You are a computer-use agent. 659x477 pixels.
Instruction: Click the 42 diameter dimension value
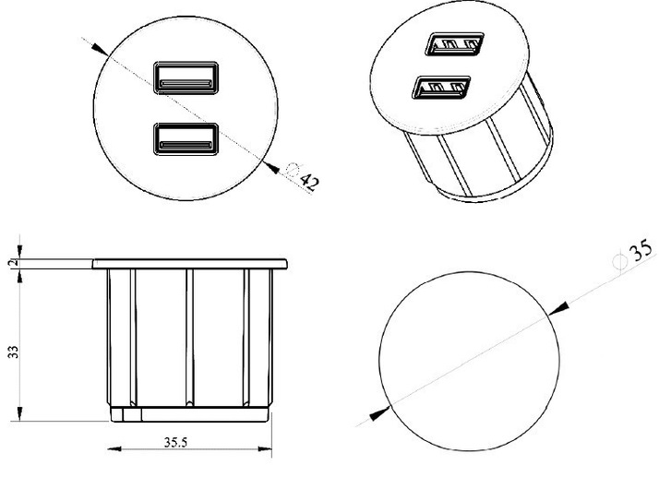tap(310, 182)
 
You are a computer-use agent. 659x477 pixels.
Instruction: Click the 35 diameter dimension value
tap(641, 250)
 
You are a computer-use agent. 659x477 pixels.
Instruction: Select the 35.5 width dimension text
tap(175, 442)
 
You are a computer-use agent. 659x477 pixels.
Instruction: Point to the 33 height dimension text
tap(14, 352)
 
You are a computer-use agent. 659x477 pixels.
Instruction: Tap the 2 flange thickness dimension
tap(14, 263)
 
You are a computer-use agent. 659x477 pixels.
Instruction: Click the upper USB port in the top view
tap(186, 78)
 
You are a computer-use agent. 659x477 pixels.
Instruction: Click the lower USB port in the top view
tap(186, 139)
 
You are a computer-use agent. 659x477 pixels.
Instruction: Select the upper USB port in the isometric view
tap(454, 44)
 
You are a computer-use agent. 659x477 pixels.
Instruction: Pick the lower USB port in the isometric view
tap(441, 88)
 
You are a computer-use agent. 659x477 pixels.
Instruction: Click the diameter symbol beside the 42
tap(293, 170)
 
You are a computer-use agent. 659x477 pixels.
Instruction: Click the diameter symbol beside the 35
tap(619, 261)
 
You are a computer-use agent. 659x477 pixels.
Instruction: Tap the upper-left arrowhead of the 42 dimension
tap(101, 49)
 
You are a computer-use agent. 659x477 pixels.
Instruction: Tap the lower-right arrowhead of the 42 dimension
tap(271, 168)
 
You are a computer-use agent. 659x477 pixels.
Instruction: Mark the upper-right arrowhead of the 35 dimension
tap(558, 308)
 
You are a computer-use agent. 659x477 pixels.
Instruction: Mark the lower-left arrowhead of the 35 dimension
tap(380, 414)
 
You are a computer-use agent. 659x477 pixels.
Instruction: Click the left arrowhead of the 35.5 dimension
tap(114, 448)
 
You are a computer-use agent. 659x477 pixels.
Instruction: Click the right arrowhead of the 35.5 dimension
tap(265, 448)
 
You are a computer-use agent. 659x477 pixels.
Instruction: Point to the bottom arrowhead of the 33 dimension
tap(19, 413)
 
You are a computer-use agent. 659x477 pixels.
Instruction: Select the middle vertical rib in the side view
tap(189, 338)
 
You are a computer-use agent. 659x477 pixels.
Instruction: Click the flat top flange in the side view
tap(190, 264)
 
